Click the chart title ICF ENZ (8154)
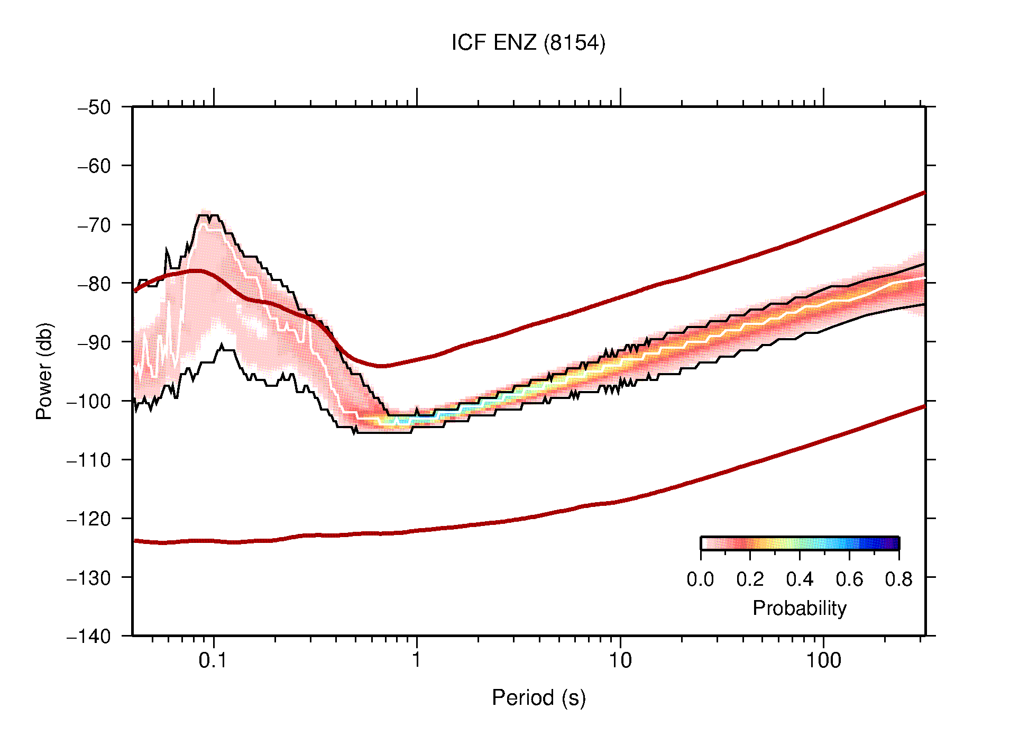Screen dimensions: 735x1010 528,43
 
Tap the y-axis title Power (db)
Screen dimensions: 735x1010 44,371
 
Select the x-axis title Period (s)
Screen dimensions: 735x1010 538,698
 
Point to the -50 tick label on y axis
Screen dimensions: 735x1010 94,107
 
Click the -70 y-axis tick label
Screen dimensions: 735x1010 94,225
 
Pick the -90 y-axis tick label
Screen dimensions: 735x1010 94,342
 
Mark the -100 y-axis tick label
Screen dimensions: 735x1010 89,401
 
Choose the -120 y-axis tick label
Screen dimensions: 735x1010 89,519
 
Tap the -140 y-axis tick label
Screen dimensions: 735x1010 89,636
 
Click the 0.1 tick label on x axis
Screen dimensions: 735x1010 213,660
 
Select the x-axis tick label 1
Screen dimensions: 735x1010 417,660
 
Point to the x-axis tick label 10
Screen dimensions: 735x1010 620,660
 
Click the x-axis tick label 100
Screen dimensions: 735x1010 823,660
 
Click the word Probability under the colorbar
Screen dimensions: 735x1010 799,609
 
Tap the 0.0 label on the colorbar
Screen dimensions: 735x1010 700,579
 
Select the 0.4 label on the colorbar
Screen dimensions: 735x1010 800,579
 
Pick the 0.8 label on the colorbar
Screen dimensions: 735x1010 898,579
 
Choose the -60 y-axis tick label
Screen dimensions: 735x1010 94,166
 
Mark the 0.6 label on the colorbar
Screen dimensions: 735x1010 849,579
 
